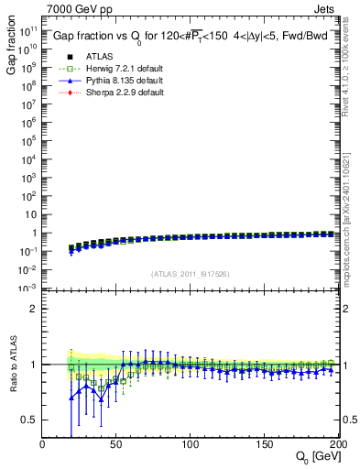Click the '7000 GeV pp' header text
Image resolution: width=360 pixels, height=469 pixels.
(x=75, y=10)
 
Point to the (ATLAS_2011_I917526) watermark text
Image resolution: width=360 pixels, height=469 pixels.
(x=191, y=274)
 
